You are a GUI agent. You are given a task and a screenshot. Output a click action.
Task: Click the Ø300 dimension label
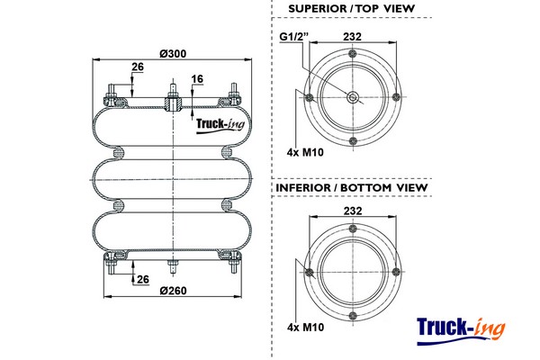[x=172, y=53]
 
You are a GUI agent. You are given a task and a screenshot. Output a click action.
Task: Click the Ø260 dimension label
[x=172, y=290]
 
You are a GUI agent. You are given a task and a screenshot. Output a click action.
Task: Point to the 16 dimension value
[x=197, y=80]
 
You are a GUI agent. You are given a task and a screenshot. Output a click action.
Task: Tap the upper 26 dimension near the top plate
[x=138, y=67]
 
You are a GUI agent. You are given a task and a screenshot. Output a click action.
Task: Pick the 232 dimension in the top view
[x=354, y=37]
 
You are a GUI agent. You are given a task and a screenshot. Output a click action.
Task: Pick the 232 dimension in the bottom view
[x=354, y=211]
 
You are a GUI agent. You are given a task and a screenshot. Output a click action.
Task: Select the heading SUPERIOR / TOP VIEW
[x=352, y=9]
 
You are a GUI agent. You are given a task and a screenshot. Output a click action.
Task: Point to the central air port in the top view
[x=354, y=98]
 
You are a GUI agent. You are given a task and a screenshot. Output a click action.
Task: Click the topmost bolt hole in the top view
[x=354, y=56]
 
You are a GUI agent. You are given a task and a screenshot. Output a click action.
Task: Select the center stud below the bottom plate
[x=172, y=267]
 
